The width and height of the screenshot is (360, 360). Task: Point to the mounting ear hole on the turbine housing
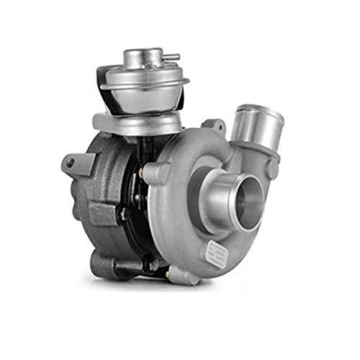pos(70,163)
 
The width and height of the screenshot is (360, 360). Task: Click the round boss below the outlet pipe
pos(272,170)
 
